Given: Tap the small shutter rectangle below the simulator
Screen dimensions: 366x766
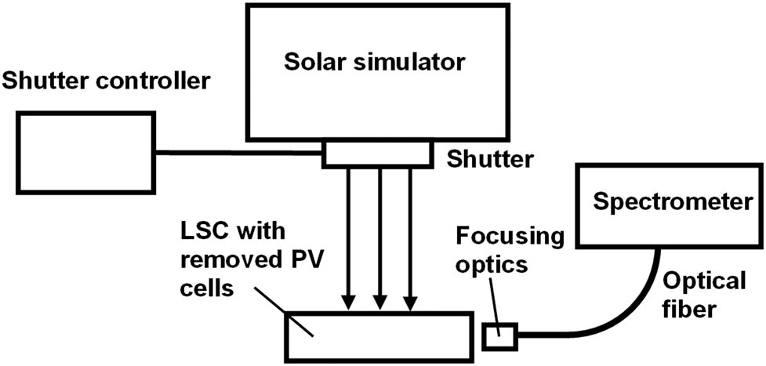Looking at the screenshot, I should tap(377, 154).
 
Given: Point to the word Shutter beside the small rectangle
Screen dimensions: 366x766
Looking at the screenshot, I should tap(490, 159).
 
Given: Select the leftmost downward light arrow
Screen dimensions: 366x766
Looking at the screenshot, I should tap(349, 235).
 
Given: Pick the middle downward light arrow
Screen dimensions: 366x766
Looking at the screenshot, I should tap(379, 235).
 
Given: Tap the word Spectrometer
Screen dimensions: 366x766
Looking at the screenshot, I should tap(671, 203).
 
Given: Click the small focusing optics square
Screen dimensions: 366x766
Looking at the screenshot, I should tap(499, 337).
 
